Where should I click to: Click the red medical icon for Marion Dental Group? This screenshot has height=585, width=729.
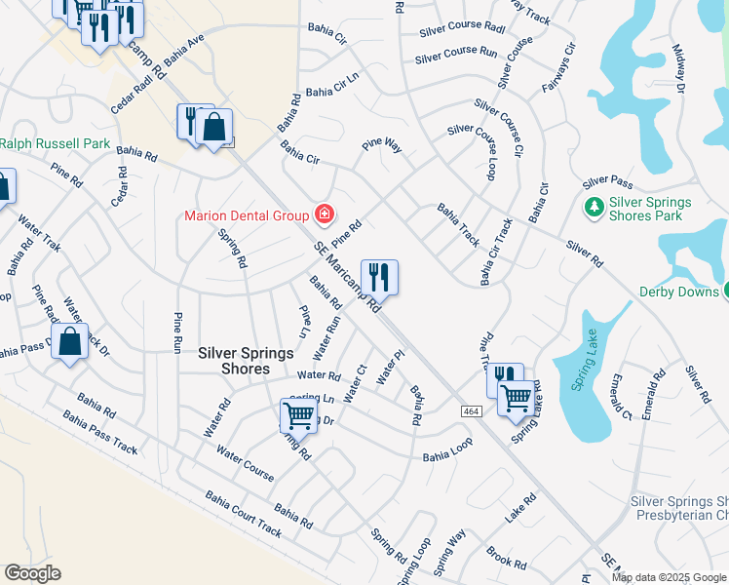[324, 214]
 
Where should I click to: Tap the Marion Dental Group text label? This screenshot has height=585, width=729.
[247, 214]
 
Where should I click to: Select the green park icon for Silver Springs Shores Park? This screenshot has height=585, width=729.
[593, 208]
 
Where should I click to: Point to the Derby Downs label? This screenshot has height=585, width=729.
[678, 292]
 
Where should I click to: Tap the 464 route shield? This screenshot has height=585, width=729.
[473, 413]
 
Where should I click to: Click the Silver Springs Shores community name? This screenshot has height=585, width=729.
[234, 361]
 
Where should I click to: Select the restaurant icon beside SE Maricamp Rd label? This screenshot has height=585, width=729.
[378, 277]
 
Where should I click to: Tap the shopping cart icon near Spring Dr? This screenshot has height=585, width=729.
[298, 415]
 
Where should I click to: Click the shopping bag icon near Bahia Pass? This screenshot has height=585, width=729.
[69, 342]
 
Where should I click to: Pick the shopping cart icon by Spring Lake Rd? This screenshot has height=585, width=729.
[516, 397]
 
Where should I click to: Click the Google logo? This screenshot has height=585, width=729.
[32, 573]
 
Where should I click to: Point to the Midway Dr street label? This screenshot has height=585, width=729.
[680, 74]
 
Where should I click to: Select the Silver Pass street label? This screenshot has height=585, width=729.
[608, 182]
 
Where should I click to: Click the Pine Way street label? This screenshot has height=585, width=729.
[382, 145]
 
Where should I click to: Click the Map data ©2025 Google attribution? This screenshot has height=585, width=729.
[669, 577]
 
